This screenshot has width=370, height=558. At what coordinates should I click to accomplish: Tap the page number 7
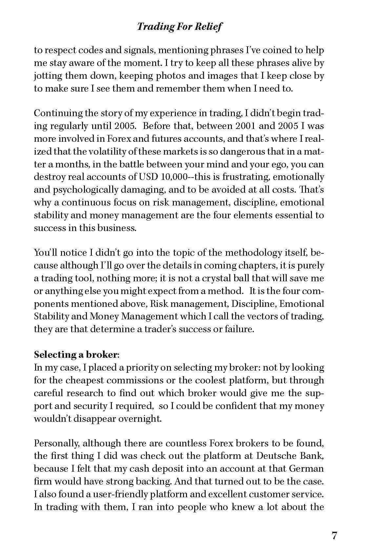click(334, 536)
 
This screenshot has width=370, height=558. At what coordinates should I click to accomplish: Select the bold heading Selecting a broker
click(76, 354)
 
